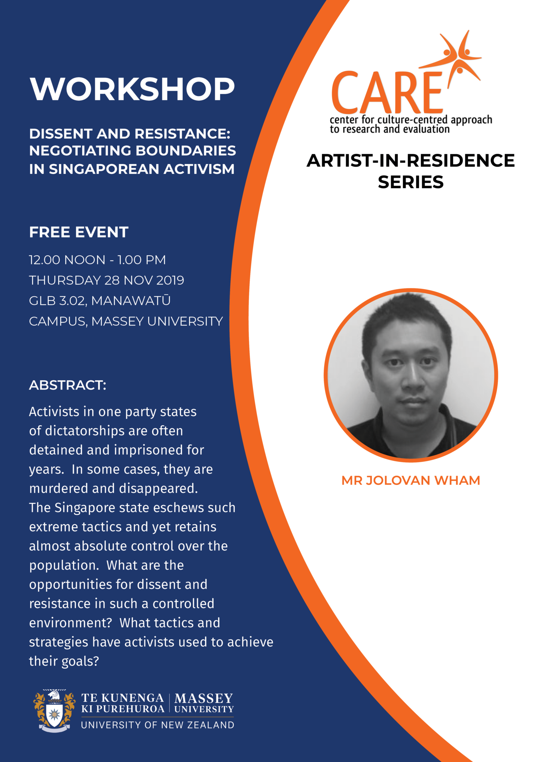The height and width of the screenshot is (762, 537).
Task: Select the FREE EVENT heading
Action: pyautogui.click(x=79, y=232)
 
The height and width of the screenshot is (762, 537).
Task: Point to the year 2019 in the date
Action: pyautogui.click(x=170, y=280)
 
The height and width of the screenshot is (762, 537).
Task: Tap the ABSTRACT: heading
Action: pyautogui.click(x=68, y=385)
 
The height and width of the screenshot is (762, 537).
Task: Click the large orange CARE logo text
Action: pyautogui.click(x=387, y=93)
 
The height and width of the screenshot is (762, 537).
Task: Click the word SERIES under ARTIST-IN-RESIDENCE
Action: pyautogui.click(x=410, y=182)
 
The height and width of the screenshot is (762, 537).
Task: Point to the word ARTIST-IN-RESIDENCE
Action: pyautogui.click(x=410, y=161)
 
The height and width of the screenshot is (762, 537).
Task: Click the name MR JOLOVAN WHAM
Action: pyautogui.click(x=410, y=480)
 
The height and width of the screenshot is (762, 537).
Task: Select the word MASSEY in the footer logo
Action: pyautogui.click(x=204, y=698)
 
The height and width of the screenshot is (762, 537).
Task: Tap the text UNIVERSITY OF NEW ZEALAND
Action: pyautogui.click(x=157, y=725)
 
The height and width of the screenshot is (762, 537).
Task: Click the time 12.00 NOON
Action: pyautogui.click(x=67, y=260)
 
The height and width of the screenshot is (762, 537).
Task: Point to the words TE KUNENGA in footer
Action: pyautogui.click(x=122, y=698)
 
